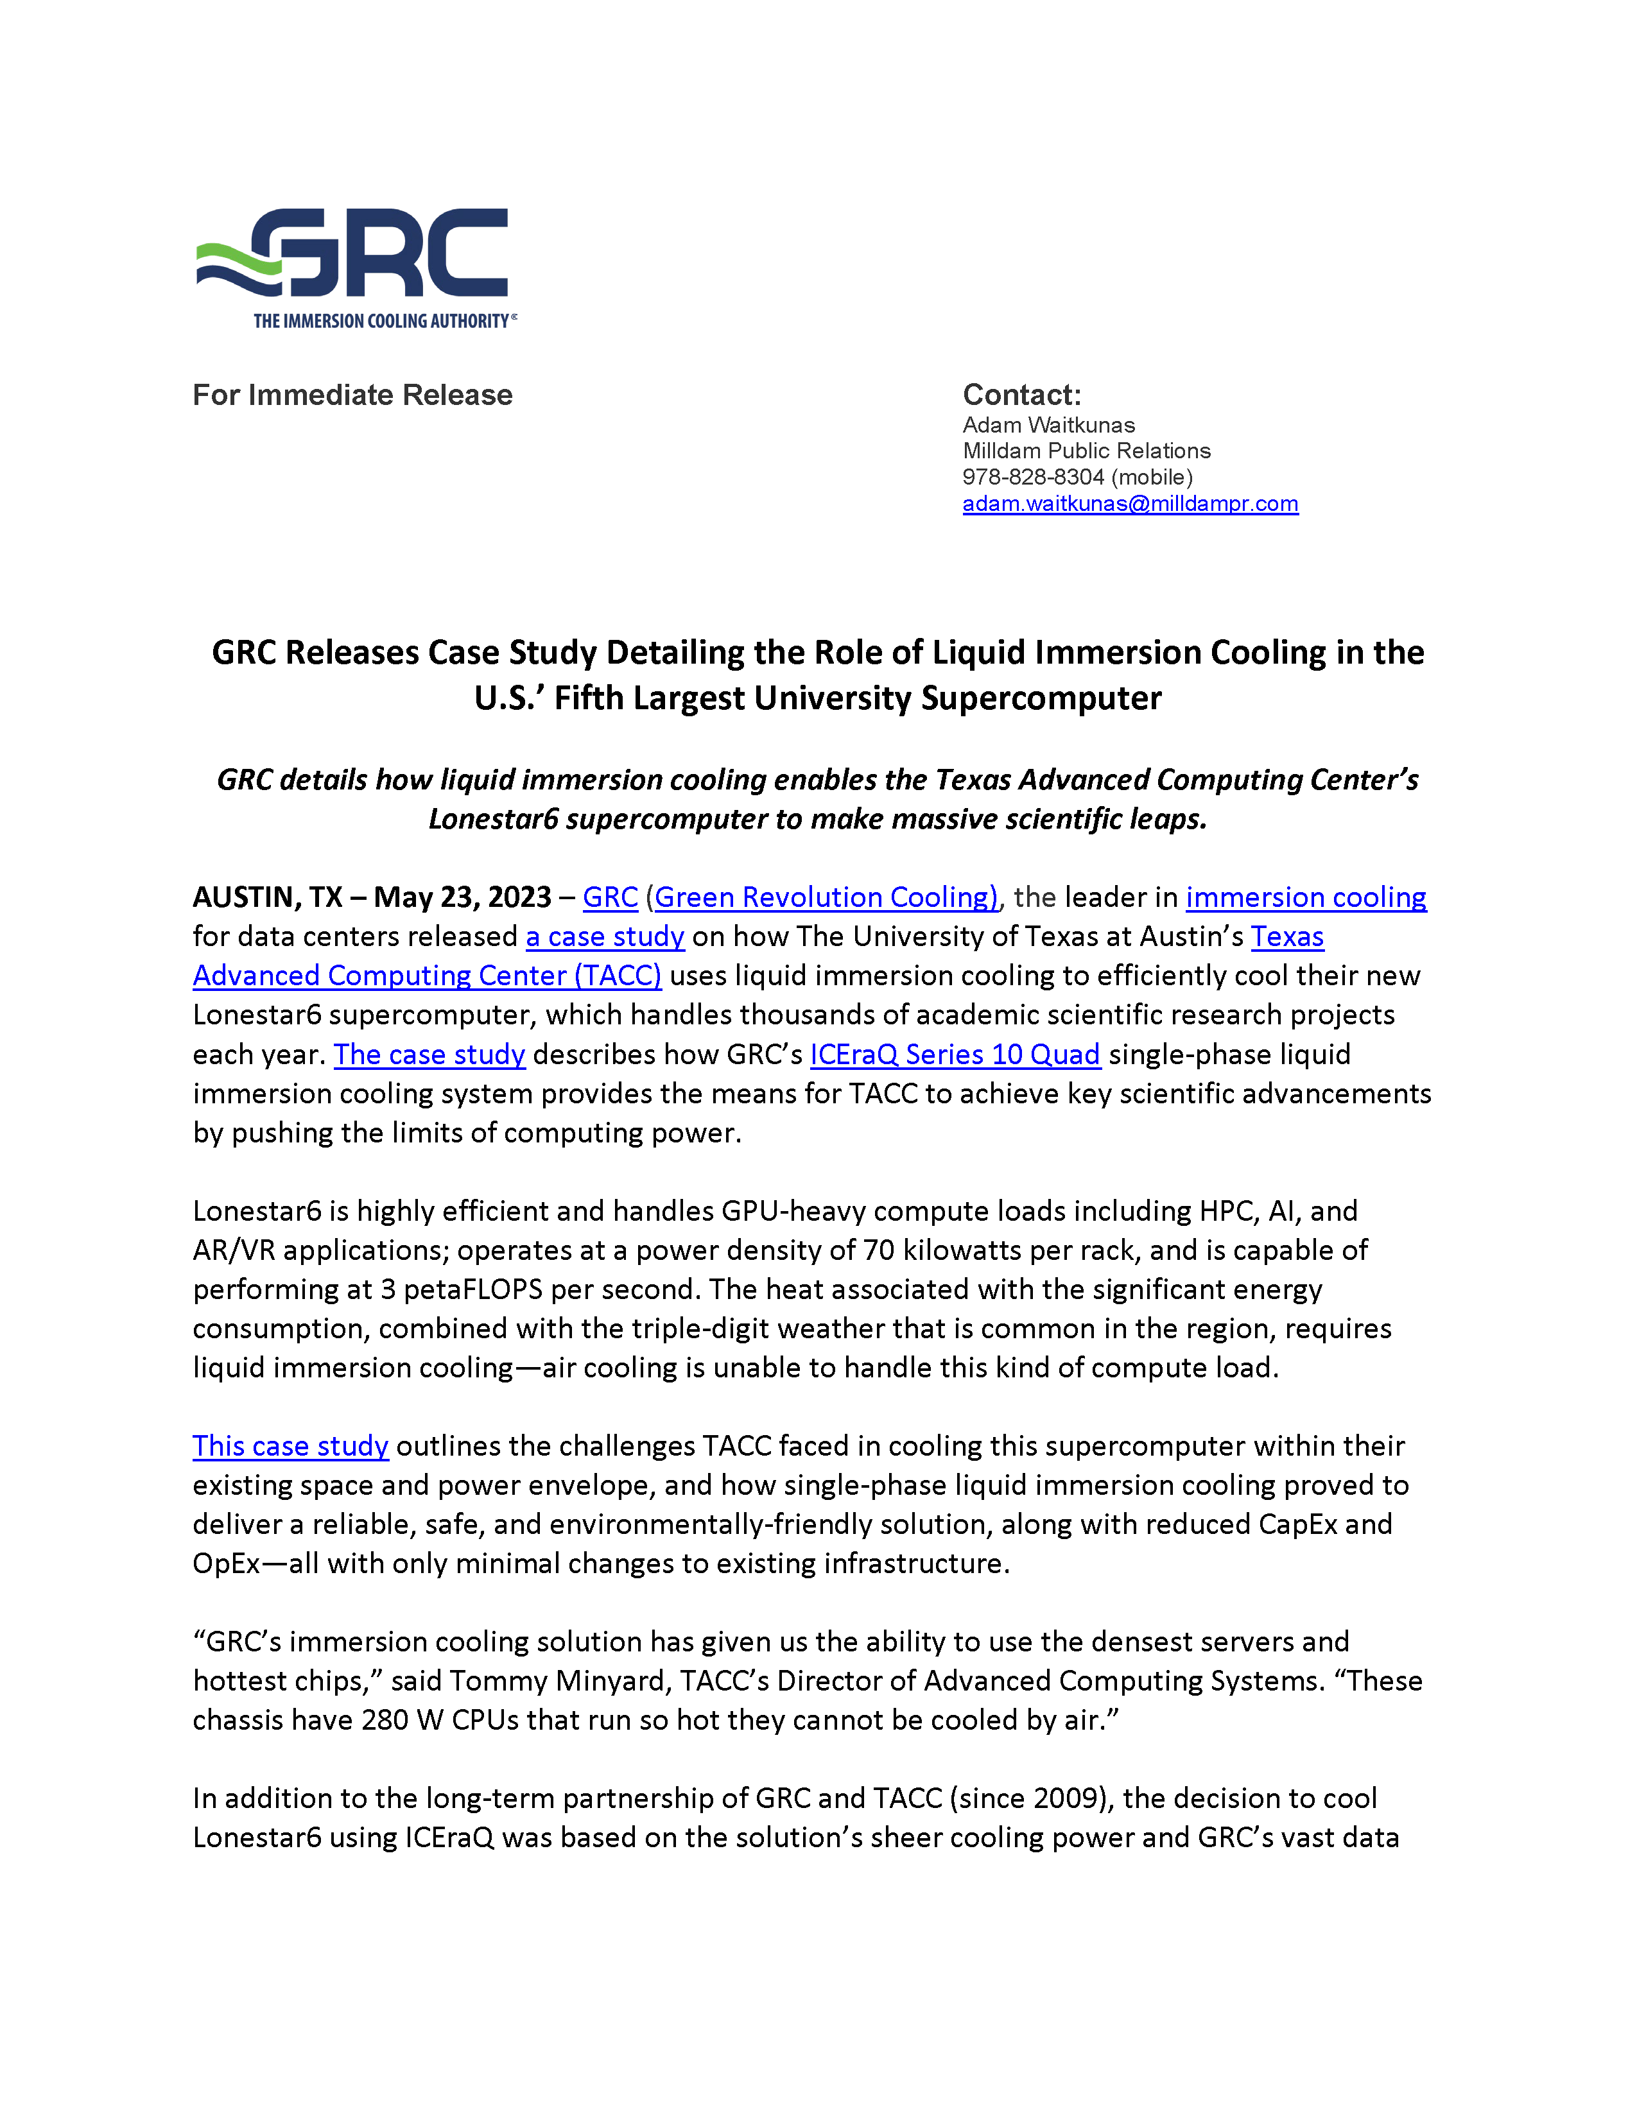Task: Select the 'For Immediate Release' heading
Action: tap(352, 395)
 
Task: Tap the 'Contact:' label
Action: tap(1021, 395)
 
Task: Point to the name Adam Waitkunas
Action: tap(1048, 425)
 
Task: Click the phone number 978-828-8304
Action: tap(1033, 477)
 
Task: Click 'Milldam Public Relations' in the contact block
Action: tap(1086, 451)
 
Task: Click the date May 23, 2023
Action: tap(463, 897)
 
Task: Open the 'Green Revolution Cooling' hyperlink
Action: tap(826, 897)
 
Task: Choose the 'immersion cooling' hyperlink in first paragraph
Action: tap(1305, 897)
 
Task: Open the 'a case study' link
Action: tap(605, 937)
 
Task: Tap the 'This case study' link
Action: tap(290, 1446)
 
